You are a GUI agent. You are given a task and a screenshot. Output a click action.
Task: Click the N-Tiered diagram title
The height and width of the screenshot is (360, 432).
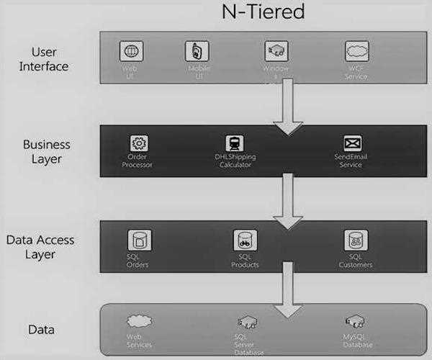point(262,12)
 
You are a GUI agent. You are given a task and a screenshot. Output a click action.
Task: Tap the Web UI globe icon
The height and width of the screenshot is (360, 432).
point(131,51)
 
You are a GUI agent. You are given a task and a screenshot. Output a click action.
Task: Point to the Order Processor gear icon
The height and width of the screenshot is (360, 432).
point(138,143)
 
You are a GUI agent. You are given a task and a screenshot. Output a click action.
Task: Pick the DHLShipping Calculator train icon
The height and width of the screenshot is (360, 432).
point(235,143)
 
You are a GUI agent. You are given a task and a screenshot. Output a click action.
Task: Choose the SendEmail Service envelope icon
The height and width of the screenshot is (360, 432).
point(353,143)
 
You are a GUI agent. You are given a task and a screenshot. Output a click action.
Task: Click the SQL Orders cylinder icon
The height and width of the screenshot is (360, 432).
point(139,240)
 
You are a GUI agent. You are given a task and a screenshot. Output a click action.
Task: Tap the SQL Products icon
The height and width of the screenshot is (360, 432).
point(245,240)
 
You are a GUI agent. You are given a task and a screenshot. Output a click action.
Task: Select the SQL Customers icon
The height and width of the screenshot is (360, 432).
point(354,240)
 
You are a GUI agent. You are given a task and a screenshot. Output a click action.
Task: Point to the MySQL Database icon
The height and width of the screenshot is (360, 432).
point(354,320)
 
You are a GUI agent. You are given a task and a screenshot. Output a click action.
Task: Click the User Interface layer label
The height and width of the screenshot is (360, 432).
point(50,59)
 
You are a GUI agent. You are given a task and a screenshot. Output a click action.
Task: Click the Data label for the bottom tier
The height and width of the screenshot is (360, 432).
point(41,329)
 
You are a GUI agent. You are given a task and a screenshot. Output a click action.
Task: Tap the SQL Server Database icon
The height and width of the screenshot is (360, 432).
point(245,321)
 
